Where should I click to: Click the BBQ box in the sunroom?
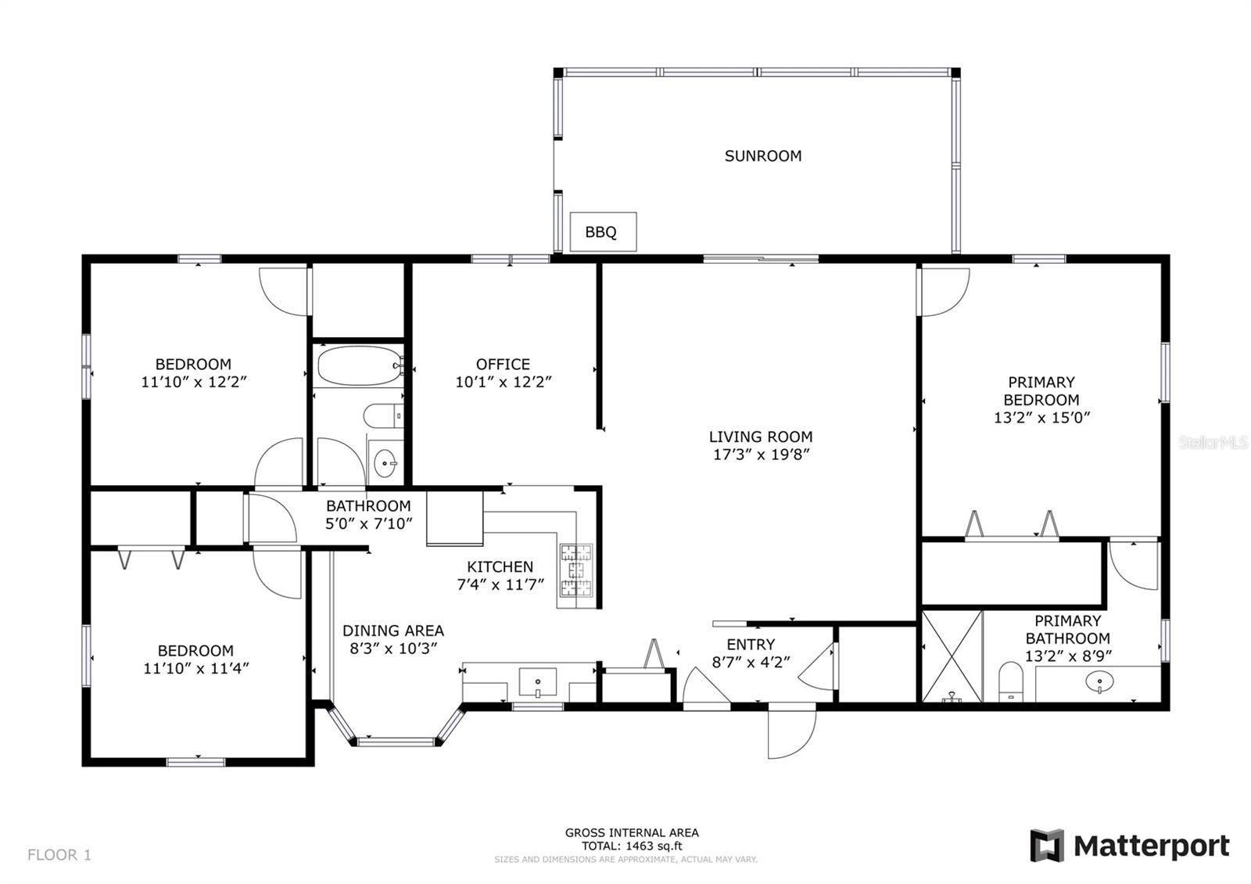pos(603,232)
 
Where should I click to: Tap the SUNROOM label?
pos(763,156)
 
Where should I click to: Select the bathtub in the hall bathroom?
pos(360,365)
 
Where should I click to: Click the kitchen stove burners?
pos(576,570)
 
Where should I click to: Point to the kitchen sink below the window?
pos(538,682)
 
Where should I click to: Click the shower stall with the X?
pos(952,656)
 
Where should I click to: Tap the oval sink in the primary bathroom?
pos(1099,682)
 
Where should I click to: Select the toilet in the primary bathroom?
pos(1010,681)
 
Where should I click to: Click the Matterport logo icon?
pos(1047,846)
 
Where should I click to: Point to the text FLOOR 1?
pos(59,854)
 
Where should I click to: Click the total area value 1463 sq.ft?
pos(652,846)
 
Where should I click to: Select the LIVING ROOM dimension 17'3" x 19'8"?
pos(762,455)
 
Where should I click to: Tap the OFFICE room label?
pos(503,365)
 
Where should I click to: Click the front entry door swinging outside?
pos(791,732)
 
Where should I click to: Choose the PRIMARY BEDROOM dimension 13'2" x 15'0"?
pos(1041,418)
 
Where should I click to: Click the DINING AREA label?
pos(393,631)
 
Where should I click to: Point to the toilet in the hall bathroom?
pos(383,415)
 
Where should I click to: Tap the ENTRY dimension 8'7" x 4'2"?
pos(751,662)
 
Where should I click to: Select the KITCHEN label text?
pos(500,566)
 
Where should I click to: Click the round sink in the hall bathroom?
pos(385,462)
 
